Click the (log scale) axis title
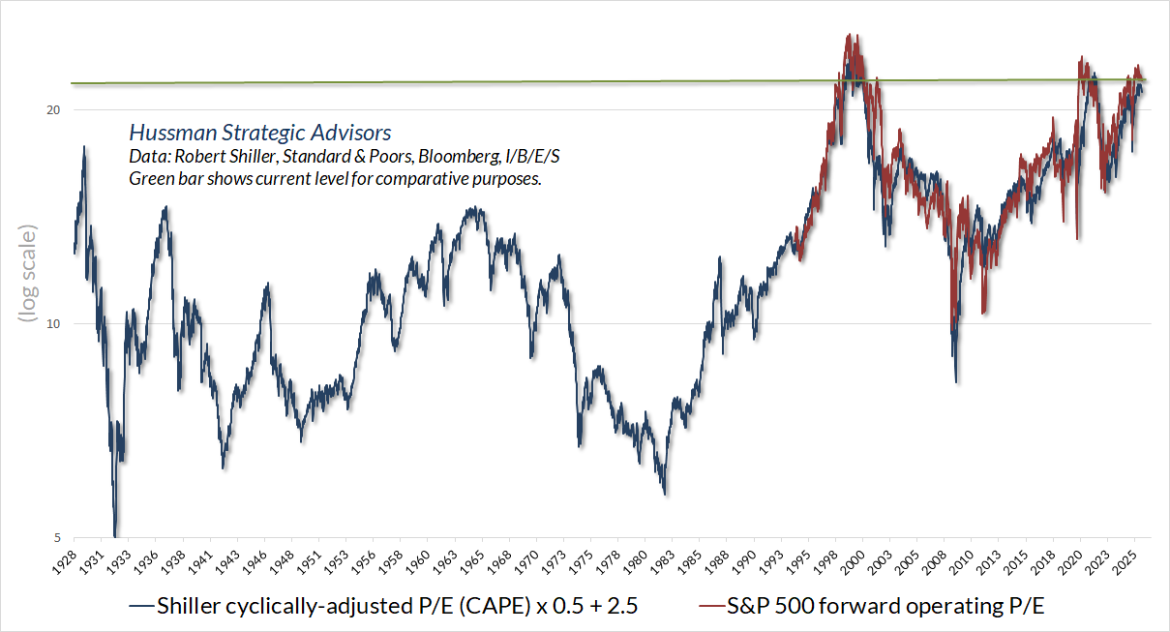coord(28,274)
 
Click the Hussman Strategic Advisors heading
coord(260,133)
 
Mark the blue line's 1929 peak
coord(84,147)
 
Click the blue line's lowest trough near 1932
coord(116,535)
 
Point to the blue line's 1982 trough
coord(665,495)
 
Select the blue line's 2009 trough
coord(956,382)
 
